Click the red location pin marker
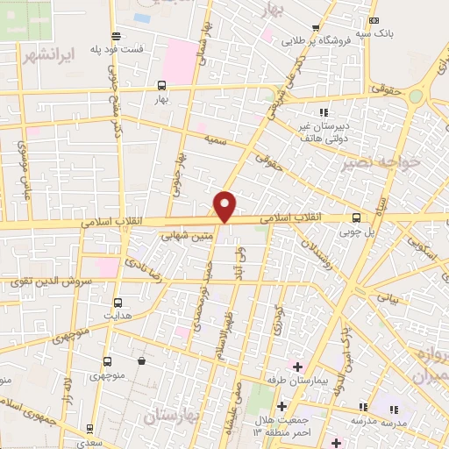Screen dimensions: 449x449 tap(225, 205)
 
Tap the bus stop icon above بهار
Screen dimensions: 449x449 tap(161, 86)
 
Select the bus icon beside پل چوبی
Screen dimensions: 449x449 tap(355, 217)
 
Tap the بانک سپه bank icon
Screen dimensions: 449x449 tap(374, 20)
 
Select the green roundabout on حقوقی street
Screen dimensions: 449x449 tap(415, 96)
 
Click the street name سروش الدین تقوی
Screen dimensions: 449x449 tap(43, 282)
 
